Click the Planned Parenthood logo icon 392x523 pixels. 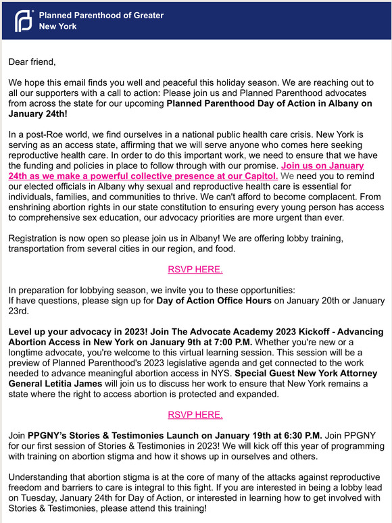coord(24,21)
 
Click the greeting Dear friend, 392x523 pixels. coord(32,62)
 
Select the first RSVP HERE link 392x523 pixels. coord(195,269)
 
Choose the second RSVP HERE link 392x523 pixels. coord(195,414)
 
